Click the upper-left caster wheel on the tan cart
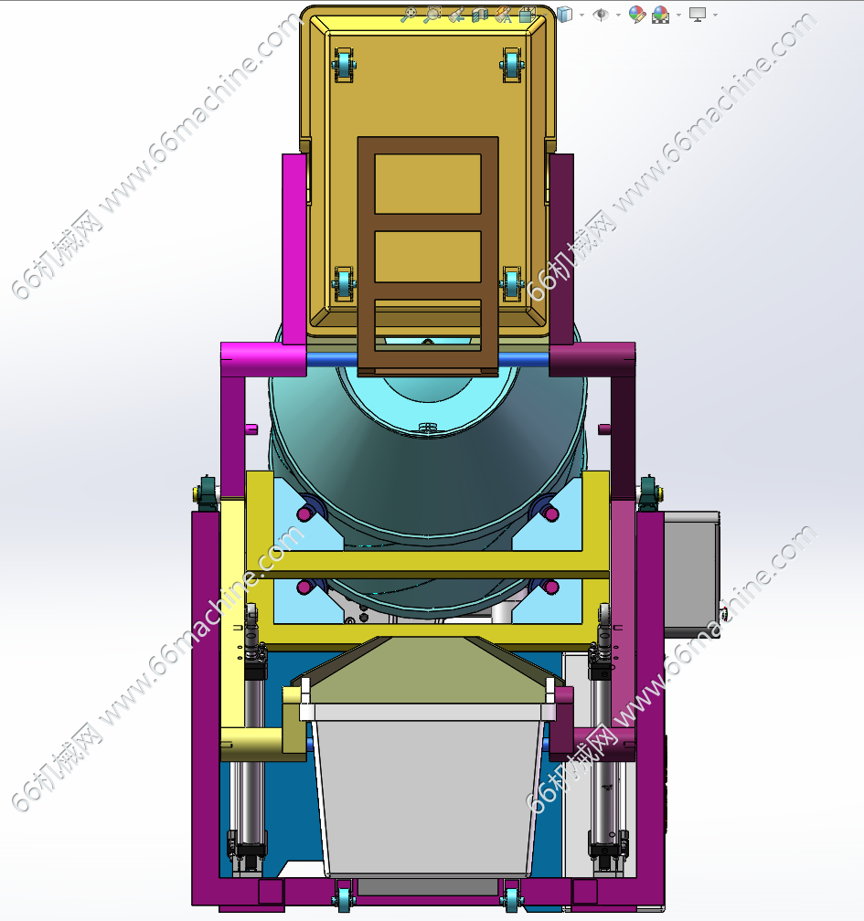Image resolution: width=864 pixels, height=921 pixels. [x=343, y=65]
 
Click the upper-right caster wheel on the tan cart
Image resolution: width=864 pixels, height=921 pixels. [x=512, y=65]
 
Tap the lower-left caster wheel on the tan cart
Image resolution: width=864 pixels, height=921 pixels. [x=344, y=284]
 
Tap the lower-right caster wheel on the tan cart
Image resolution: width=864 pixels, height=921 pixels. [x=512, y=284]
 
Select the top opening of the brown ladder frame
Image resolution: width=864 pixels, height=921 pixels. [x=428, y=184]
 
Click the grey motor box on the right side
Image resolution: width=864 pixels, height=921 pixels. [x=691, y=573]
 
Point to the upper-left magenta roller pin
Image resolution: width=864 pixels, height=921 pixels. [x=304, y=514]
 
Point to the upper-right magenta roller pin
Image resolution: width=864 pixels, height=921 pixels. [x=550, y=514]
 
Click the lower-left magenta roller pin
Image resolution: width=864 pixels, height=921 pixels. [x=304, y=587]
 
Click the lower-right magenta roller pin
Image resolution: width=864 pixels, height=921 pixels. [x=550, y=587]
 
